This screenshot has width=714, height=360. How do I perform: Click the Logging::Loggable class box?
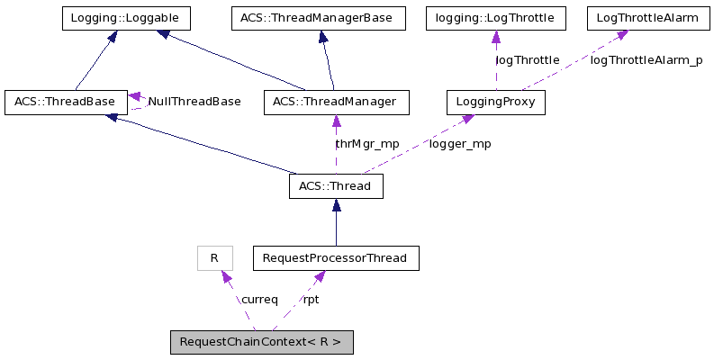125,18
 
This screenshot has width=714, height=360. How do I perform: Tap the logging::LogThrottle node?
495,18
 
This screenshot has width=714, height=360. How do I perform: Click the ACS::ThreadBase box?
65,102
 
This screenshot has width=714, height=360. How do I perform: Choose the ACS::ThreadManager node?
336,102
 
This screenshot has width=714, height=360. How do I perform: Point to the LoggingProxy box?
496,102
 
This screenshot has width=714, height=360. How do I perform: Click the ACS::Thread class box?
336,186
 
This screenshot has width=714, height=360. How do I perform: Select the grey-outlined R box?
214,258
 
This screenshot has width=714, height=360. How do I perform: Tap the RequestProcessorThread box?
336,258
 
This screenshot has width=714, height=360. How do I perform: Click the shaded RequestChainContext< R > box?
261,342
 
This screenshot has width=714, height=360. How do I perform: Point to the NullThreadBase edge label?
194,102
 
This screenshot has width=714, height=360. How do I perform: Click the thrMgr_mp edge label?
366,144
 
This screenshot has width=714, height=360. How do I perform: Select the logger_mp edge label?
460,144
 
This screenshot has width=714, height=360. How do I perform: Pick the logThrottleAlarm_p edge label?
646,60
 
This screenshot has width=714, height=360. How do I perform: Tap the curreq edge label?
258,300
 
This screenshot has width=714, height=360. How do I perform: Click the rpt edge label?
311,300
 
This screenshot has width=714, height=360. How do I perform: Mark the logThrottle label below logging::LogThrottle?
528,60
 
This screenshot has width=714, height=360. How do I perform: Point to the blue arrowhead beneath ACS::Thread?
336,205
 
